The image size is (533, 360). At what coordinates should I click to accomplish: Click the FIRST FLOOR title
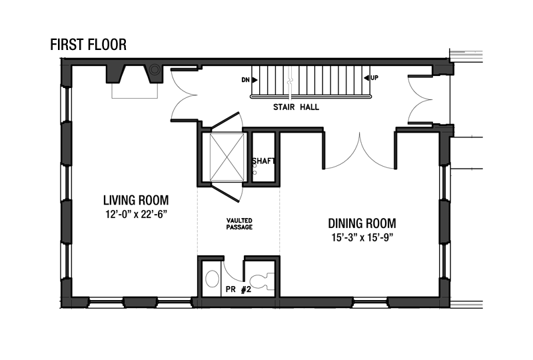(89, 45)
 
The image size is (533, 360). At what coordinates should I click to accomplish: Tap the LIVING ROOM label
(136, 200)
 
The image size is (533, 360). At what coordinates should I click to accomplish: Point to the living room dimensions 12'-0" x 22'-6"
(136, 215)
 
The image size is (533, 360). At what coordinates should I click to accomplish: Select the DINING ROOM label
(362, 223)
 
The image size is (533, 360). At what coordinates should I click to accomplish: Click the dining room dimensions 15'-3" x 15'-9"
(362, 237)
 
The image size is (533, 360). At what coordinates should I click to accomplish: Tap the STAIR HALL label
(296, 107)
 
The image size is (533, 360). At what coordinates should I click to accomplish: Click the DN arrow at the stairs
(255, 80)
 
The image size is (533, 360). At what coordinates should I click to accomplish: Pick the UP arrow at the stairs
(366, 78)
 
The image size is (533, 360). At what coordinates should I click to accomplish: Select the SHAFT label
(263, 161)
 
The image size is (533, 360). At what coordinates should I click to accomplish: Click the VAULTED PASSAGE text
(239, 224)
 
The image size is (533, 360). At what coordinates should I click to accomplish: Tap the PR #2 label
(239, 289)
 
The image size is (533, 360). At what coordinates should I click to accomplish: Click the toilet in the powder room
(262, 281)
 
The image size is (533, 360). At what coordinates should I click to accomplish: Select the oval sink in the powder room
(213, 279)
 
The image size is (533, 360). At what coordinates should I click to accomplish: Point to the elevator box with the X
(227, 157)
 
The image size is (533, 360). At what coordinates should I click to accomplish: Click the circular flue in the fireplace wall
(155, 70)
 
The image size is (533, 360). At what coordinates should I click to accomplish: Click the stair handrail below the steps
(311, 97)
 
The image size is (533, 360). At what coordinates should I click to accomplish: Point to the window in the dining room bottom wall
(370, 302)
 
